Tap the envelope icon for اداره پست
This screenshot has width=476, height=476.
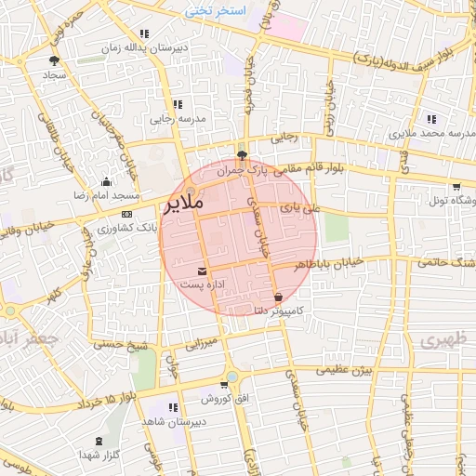click(203, 271)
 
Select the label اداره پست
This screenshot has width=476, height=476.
click(201, 283)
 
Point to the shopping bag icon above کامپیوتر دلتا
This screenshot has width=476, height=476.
click(279, 297)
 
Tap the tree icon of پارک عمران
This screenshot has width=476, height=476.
click(243, 155)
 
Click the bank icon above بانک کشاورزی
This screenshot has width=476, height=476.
click(127, 215)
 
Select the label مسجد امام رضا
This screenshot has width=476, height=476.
click(107, 197)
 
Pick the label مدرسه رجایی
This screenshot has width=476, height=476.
click(176, 119)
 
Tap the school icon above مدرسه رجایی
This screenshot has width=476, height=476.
click(178, 104)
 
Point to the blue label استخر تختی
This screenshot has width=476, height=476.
click(215, 11)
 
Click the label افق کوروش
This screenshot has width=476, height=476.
click(220, 399)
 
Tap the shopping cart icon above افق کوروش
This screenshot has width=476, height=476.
click(224, 384)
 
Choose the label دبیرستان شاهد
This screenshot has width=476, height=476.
click(173, 422)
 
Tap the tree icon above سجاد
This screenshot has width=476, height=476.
click(53, 59)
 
